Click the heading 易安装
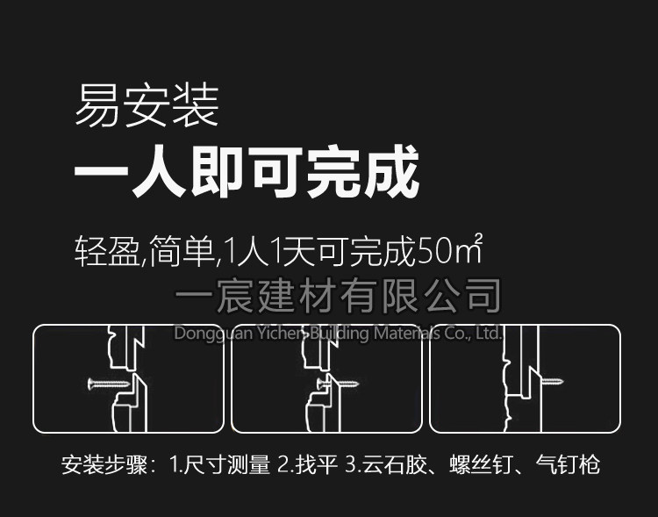[147, 105]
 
